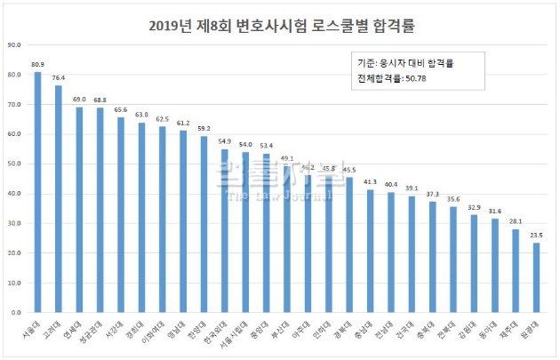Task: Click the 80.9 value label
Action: click(x=37, y=65)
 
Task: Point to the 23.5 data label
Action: click(x=536, y=236)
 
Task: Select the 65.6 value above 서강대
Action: click(x=121, y=110)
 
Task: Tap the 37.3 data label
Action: click(x=432, y=195)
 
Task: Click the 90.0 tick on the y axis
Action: click(x=15, y=44)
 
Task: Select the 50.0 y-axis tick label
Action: click(x=15, y=164)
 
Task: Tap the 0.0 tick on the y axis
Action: click(x=17, y=313)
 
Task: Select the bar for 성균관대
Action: click(x=100, y=210)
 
